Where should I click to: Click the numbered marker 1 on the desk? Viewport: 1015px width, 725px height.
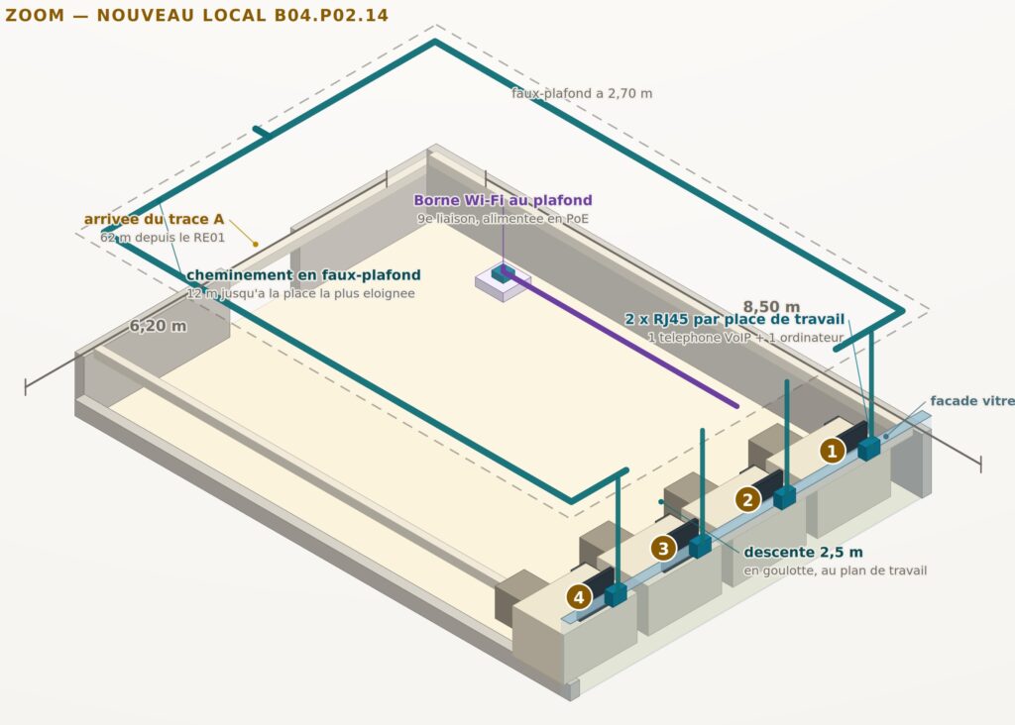(x=833, y=450)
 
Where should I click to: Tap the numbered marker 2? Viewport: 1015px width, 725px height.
(x=747, y=499)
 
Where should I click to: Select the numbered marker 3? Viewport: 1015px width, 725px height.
(x=663, y=549)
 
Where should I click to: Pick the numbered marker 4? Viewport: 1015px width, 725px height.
(x=579, y=597)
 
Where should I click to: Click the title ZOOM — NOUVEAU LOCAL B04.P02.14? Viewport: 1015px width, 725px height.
(x=197, y=16)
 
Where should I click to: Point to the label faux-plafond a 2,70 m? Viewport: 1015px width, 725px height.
(x=582, y=93)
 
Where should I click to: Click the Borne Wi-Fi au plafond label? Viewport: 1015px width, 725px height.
(x=503, y=200)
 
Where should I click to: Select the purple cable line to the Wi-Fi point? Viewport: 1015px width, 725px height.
(x=621, y=341)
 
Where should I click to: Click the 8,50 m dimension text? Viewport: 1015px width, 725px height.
(x=771, y=307)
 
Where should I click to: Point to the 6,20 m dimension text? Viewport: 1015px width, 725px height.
(x=158, y=326)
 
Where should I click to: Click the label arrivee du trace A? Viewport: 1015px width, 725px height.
(x=154, y=219)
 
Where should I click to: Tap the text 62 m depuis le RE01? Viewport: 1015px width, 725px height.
(x=163, y=238)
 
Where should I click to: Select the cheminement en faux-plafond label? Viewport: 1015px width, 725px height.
(x=303, y=275)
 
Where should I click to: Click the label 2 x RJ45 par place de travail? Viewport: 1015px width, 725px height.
(x=734, y=319)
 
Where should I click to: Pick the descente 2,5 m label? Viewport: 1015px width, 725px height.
(x=803, y=553)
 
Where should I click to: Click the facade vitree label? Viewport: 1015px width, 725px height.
(x=972, y=401)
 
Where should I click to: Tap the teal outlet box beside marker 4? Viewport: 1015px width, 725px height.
(x=616, y=594)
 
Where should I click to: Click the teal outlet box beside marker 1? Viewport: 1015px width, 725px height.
(x=869, y=448)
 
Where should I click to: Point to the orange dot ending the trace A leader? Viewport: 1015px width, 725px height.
(x=256, y=244)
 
